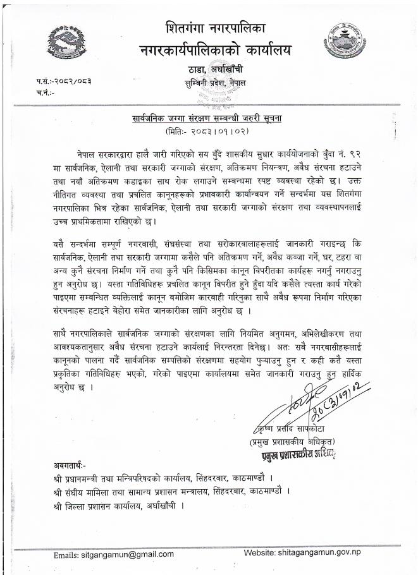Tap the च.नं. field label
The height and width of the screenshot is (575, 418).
pyautogui.click(x=46, y=93)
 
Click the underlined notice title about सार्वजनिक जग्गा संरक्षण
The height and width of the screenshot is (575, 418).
pyautogui.click(x=209, y=118)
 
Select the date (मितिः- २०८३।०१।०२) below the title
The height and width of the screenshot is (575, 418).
pyautogui.click(x=209, y=131)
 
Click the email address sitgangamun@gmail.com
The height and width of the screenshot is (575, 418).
pyautogui.click(x=114, y=554)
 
